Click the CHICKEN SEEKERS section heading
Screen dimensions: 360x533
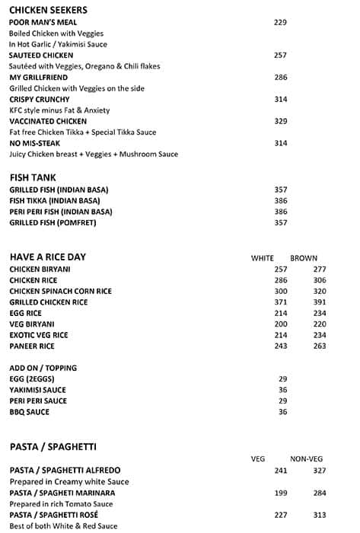coord(48,10)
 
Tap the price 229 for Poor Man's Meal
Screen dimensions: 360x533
coord(280,23)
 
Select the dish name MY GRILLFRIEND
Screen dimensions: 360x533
coord(39,78)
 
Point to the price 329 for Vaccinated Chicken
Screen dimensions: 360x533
coord(280,121)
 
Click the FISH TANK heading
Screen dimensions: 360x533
coord(33,177)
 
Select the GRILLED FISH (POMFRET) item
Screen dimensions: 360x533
coord(53,223)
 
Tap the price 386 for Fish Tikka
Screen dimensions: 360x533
coord(280,201)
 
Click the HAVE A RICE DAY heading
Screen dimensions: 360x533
coord(47,257)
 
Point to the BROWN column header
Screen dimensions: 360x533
coord(304,258)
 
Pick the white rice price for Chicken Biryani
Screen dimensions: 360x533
coord(281,270)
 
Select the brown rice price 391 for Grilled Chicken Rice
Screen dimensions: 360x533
coord(319,302)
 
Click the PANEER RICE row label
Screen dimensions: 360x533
coord(33,346)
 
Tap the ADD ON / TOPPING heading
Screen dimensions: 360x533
coord(43,368)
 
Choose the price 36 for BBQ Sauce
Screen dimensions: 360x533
coord(282,412)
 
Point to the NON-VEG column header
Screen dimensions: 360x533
coord(307,458)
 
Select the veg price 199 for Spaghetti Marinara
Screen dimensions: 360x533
coord(281,493)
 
